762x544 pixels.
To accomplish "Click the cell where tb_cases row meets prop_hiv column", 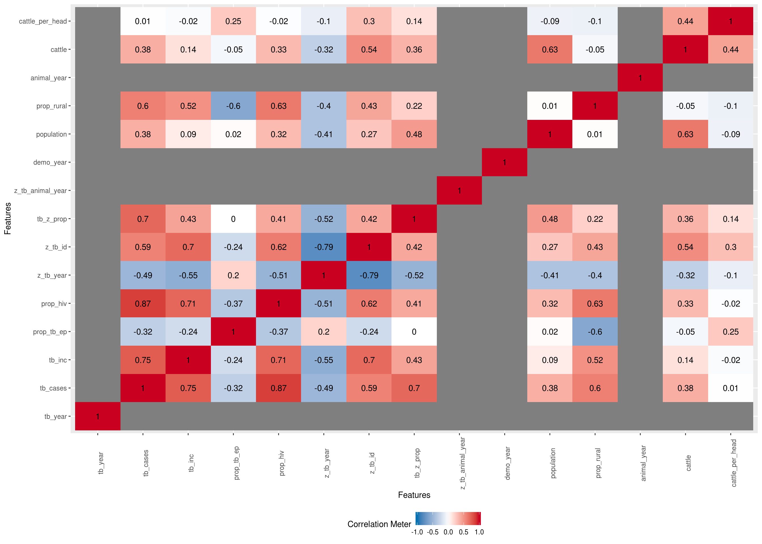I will (x=278, y=388).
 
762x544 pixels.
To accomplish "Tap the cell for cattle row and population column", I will (x=550, y=50).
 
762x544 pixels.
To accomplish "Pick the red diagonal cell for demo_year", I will (x=504, y=162).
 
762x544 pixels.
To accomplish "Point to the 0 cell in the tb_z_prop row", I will (x=233, y=219).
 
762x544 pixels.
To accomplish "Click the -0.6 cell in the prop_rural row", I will (x=233, y=106).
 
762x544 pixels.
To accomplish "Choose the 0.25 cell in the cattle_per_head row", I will (x=233, y=21).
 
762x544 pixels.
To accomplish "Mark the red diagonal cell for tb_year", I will (x=98, y=416).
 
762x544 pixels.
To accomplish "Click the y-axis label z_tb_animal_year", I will (x=41, y=191).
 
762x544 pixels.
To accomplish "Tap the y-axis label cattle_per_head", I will (x=43, y=21).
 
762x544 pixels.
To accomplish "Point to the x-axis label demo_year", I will (x=507, y=463).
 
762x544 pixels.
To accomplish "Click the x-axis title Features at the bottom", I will (x=414, y=495).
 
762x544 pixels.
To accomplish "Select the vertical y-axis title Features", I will (x=7, y=218).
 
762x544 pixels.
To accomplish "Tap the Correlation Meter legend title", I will (x=379, y=524).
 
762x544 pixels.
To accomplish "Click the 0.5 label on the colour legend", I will (x=463, y=532).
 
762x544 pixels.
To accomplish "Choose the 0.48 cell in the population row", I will (x=414, y=134).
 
